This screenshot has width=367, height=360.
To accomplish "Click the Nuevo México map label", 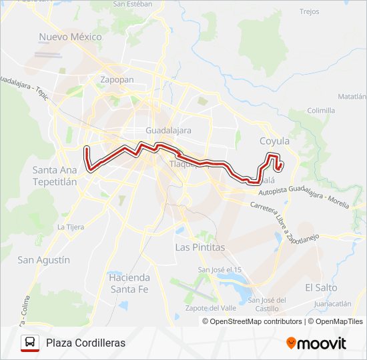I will (x=70, y=37).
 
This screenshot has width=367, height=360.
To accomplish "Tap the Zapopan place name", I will (x=117, y=79).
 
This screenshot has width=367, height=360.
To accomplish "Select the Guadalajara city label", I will (x=168, y=130).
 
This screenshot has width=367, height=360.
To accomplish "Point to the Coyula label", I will (x=274, y=141).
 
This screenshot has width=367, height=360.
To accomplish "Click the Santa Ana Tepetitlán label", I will (x=55, y=175).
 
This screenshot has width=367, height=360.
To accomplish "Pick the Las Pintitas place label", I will (x=200, y=247).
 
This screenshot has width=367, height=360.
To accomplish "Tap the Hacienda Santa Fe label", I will (x=129, y=283).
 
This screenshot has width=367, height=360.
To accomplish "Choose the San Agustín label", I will (x=43, y=260).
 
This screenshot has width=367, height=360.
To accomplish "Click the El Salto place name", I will (x=321, y=287).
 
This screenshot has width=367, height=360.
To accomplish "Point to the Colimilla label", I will (x=322, y=111).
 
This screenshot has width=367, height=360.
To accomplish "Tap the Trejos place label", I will (x=310, y=11).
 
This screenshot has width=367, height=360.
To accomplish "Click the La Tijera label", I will (x=71, y=227).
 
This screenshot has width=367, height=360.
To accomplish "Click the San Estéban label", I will (x=133, y=3).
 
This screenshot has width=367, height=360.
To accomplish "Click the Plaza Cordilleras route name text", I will (x=85, y=343).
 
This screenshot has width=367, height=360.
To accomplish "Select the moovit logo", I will (x=316, y=343).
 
